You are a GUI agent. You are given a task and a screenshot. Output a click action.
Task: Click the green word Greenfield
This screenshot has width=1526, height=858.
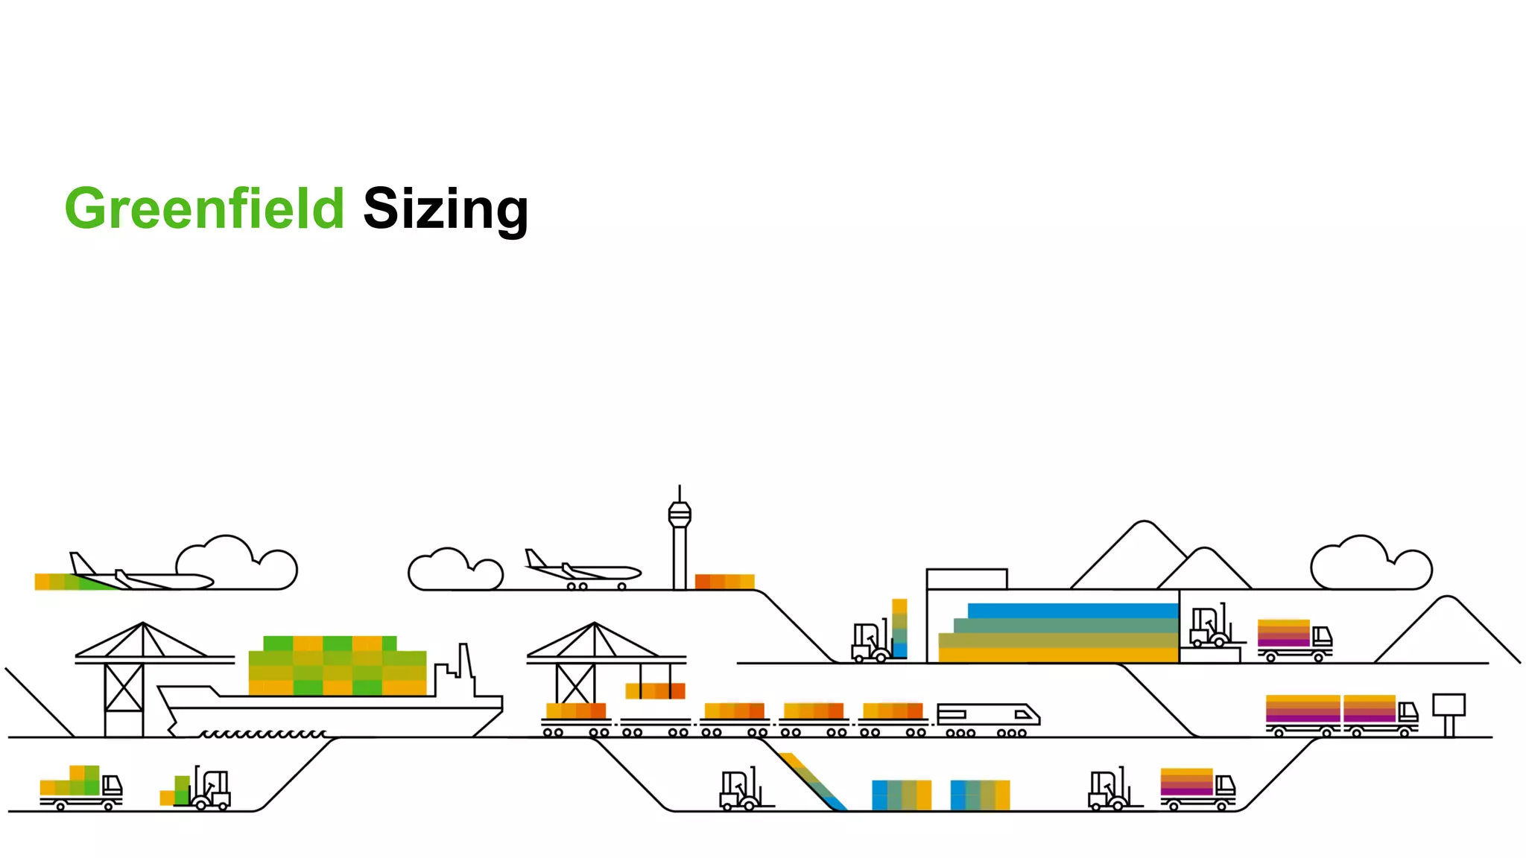coord(204,209)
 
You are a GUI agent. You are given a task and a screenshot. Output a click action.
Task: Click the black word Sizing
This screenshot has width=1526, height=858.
coord(446,210)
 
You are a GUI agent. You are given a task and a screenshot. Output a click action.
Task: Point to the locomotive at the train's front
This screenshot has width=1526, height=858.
coord(987,716)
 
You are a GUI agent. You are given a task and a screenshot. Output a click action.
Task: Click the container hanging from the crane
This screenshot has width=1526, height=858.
coord(655,690)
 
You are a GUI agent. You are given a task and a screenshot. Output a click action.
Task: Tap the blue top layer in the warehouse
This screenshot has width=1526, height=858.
coord(1073,611)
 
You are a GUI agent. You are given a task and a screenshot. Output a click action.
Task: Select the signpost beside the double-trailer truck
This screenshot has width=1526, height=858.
coord(1449,711)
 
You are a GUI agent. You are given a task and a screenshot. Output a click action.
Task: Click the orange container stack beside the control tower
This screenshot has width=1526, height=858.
coord(724,582)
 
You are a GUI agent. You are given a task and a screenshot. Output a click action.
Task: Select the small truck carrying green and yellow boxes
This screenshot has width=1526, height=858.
coord(80,788)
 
